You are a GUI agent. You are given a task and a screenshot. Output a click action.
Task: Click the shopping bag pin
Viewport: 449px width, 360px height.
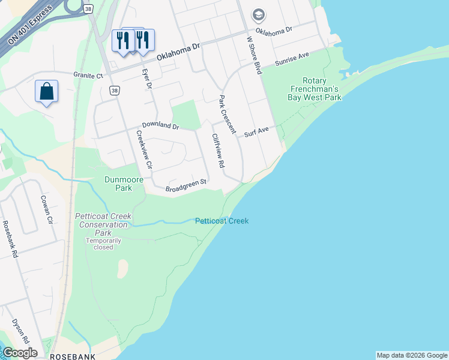[46, 92]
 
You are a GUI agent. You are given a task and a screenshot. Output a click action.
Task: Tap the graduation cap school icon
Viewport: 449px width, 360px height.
[258, 14]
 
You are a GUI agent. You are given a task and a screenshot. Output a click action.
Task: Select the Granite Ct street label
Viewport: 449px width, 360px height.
[89, 76]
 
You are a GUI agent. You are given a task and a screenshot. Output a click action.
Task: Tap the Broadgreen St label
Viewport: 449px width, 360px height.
[186, 186]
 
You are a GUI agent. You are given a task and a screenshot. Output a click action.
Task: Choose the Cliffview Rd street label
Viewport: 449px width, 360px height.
[217, 150]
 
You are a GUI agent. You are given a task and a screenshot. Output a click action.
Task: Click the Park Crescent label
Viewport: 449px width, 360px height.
[227, 115]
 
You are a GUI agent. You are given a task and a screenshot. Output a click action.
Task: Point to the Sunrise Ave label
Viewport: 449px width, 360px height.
[292, 58]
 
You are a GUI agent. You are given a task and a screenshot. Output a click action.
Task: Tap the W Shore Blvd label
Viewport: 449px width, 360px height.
[255, 55]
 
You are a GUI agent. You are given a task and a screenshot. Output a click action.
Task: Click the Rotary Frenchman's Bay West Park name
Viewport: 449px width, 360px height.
[314, 89]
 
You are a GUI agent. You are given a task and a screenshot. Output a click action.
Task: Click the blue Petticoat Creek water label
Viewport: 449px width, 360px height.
[221, 221]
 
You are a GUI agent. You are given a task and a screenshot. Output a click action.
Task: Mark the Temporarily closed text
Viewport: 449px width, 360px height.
[103, 244]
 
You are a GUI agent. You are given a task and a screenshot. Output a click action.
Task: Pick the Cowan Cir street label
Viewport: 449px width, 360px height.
[47, 209]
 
